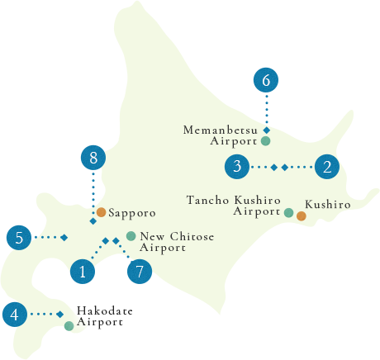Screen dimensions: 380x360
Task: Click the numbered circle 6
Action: click(x=265, y=81)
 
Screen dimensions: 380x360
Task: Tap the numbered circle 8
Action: click(x=93, y=157)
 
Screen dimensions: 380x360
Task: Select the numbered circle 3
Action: click(x=237, y=167)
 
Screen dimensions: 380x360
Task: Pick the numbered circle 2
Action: click(x=328, y=167)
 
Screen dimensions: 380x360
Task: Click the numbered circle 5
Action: click(x=19, y=238)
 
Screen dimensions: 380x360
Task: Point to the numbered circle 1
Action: click(x=82, y=271)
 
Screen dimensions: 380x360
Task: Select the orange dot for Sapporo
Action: click(x=101, y=212)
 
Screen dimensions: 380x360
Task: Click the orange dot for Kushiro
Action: click(x=302, y=216)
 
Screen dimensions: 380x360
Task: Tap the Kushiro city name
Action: click(x=328, y=204)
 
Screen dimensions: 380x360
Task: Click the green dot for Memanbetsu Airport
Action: click(x=265, y=141)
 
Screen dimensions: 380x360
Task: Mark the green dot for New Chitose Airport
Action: click(x=131, y=236)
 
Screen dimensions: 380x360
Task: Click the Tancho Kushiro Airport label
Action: click(x=234, y=206)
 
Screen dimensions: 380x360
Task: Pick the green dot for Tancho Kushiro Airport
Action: click(x=288, y=212)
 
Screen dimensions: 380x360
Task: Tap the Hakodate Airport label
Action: click(x=104, y=316)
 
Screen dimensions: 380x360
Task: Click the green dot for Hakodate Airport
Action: click(x=69, y=326)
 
